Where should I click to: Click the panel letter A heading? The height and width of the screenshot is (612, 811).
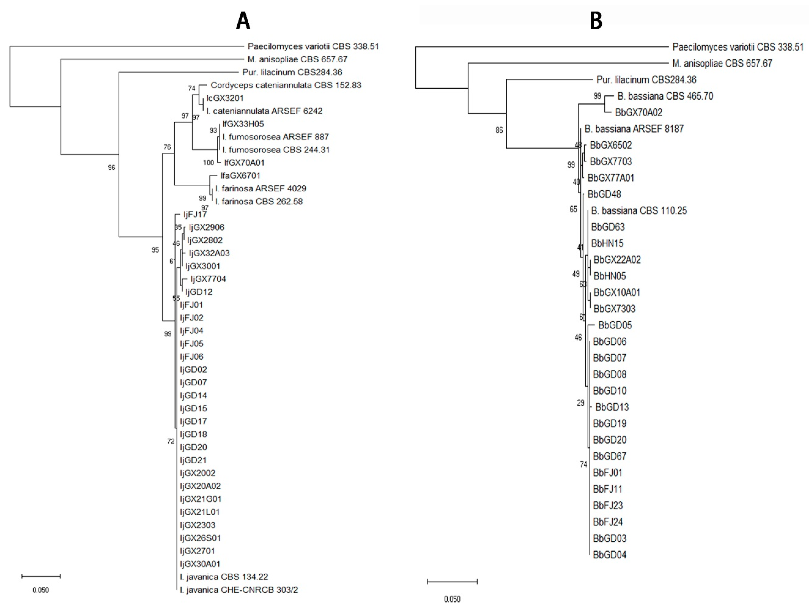[x=243, y=21]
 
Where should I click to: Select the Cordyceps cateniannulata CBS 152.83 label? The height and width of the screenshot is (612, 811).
[x=286, y=85]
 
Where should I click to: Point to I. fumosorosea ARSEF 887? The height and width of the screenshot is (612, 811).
[x=275, y=137]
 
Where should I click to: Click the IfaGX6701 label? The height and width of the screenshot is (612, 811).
[x=240, y=175]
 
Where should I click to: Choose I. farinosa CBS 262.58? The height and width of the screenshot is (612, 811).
[x=259, y=201]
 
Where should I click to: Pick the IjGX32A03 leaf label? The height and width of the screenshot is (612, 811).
[x=209, y=253]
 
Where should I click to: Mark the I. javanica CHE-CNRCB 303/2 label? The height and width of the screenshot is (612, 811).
[x=239, y=590]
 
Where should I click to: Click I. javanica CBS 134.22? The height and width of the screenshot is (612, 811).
[x=224, y=577]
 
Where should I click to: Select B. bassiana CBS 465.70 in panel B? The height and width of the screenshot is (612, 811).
[x=665, y=96]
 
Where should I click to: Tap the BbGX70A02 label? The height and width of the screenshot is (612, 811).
[x=639, y=112]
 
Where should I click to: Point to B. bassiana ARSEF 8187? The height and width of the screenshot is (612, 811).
[x=634, y=129]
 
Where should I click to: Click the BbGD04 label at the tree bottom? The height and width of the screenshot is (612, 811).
[x=609, y=555]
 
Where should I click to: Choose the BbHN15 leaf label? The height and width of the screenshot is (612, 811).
[x=607, y=243]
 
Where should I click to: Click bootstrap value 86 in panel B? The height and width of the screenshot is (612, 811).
[x=499, y=130]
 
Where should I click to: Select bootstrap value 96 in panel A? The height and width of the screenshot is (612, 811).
[x=111, y=168]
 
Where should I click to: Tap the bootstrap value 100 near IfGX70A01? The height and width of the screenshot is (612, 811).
[x=208, y=163]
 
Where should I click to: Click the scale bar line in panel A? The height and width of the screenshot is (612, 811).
[x=41, y=576]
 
